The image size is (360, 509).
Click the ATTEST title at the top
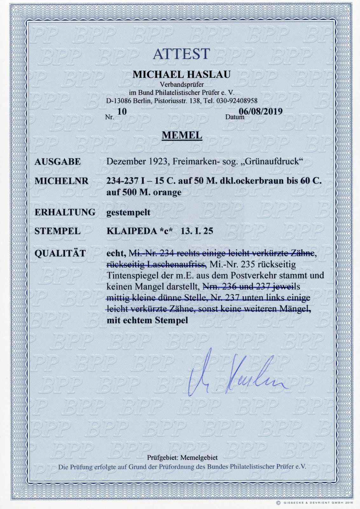[x=182, y=54]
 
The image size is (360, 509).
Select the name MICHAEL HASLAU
[x=182, y=74]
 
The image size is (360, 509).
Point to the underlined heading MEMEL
[x=182, y=135]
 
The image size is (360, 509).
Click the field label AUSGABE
[x=58, y=162]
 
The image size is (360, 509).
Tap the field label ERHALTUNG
[x=65, y=212]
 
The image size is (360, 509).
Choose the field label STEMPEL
[x=57, y=231]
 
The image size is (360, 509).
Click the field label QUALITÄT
[x=60, y=253]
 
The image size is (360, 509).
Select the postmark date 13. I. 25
[x=197, y=231]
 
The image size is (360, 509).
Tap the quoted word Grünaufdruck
[x=271, y=162]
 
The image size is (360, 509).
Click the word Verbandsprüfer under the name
[x=182, y=84]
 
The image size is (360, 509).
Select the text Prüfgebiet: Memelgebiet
[x=182, y=457]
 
